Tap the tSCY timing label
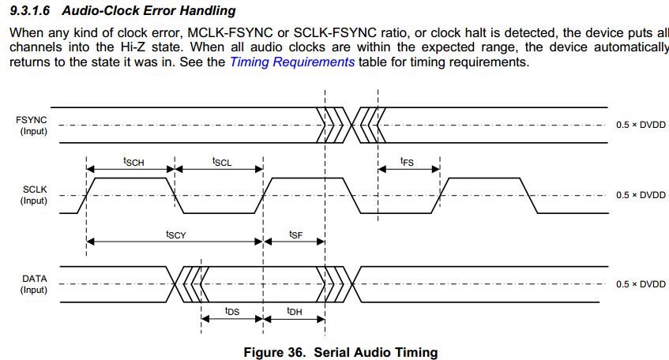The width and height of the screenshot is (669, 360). [x=175, y=234]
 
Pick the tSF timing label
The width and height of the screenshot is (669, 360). [x=295, y=234]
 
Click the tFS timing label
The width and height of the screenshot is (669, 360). [x=407, y=161]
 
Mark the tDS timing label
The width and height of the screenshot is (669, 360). [x=232, y=311]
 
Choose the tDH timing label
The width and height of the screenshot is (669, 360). [x=294, y=311]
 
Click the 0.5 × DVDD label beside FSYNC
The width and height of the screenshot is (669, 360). [x=641, y=125]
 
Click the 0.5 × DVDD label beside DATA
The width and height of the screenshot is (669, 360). [x=641, y=284]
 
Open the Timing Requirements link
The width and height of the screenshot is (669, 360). [x=291, y=62]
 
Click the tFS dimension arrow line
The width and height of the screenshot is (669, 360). [x=408, y=169]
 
